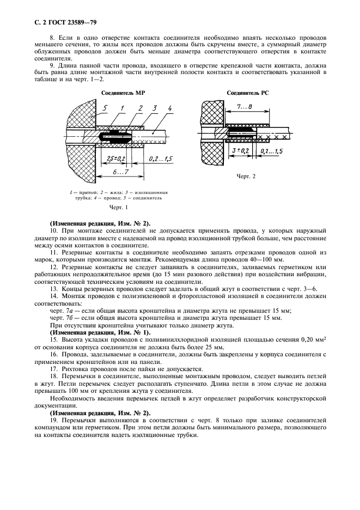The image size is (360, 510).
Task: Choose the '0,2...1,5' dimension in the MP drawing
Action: pos(161,158)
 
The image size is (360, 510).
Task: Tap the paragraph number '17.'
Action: pos(53,368)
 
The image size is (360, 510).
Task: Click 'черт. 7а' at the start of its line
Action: pos(61,311)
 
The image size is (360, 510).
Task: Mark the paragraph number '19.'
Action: pos(53,421)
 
